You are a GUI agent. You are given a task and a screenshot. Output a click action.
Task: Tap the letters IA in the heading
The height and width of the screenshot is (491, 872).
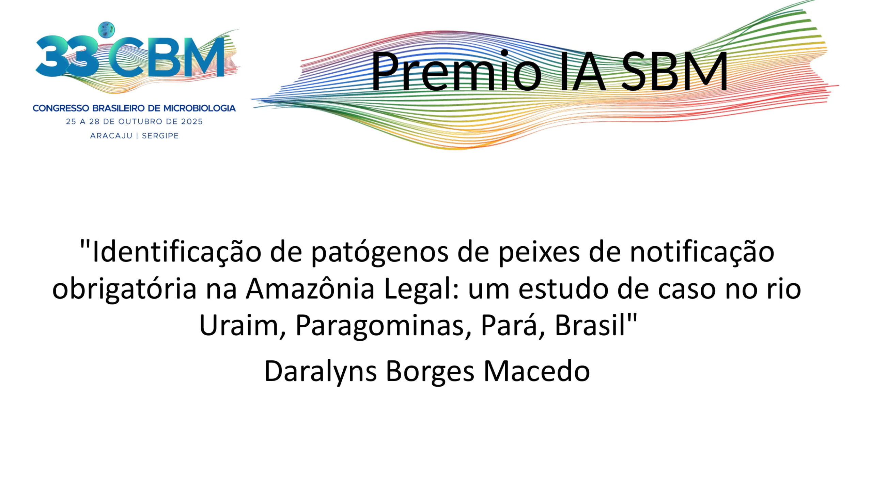coord(582,71)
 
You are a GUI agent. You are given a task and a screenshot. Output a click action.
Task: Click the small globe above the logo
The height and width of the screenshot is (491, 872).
coord(106,30)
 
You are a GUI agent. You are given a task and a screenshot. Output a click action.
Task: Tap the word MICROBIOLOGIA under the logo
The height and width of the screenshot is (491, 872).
coord(200,108)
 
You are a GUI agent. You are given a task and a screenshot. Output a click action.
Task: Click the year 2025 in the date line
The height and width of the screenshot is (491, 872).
coord(191,122)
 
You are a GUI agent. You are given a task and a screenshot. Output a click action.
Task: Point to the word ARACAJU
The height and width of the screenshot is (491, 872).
coord(111,136)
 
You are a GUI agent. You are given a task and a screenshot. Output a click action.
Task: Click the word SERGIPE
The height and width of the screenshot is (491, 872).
coord(160,136)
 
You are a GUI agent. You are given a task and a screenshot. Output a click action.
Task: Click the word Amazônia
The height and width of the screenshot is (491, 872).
coord(310,288)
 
